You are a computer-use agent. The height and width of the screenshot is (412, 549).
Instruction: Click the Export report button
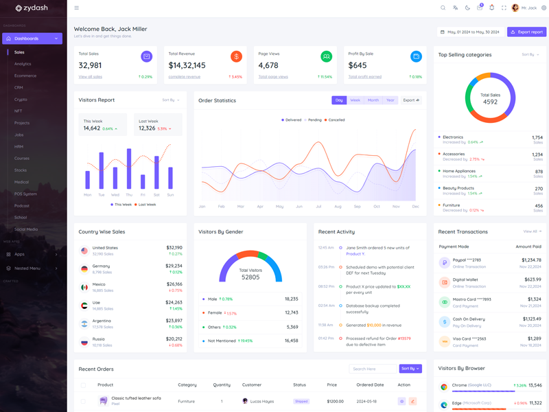[526, 32]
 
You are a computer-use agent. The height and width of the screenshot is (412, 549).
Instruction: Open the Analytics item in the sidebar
[23, 64]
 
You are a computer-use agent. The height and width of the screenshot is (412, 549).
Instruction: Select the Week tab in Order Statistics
[355, 100]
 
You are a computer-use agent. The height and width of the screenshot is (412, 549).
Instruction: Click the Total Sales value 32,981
[90, 65]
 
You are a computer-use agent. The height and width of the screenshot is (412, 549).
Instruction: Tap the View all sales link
[90, 77]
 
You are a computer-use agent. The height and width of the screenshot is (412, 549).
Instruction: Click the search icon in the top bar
[443, 8]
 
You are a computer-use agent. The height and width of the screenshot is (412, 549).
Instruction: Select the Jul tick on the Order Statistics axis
[318, 206]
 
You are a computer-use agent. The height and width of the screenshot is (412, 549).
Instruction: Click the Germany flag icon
[84, 269]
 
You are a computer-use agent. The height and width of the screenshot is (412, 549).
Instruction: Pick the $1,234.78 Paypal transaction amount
[531, 260]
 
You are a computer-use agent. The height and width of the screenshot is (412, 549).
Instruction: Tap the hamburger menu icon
[76, 8]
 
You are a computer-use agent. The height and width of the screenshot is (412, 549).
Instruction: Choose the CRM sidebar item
[19, 88]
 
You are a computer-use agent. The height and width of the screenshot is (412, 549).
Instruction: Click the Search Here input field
[371, 369]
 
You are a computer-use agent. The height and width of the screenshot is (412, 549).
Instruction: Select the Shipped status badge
[301, 401]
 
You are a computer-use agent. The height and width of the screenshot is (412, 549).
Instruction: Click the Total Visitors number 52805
[250, 277]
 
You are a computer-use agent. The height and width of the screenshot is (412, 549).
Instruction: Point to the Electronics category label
[453, 137]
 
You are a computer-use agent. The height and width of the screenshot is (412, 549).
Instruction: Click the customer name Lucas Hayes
[261, 401]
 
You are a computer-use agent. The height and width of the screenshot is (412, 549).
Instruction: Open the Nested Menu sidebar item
[27, 268]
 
